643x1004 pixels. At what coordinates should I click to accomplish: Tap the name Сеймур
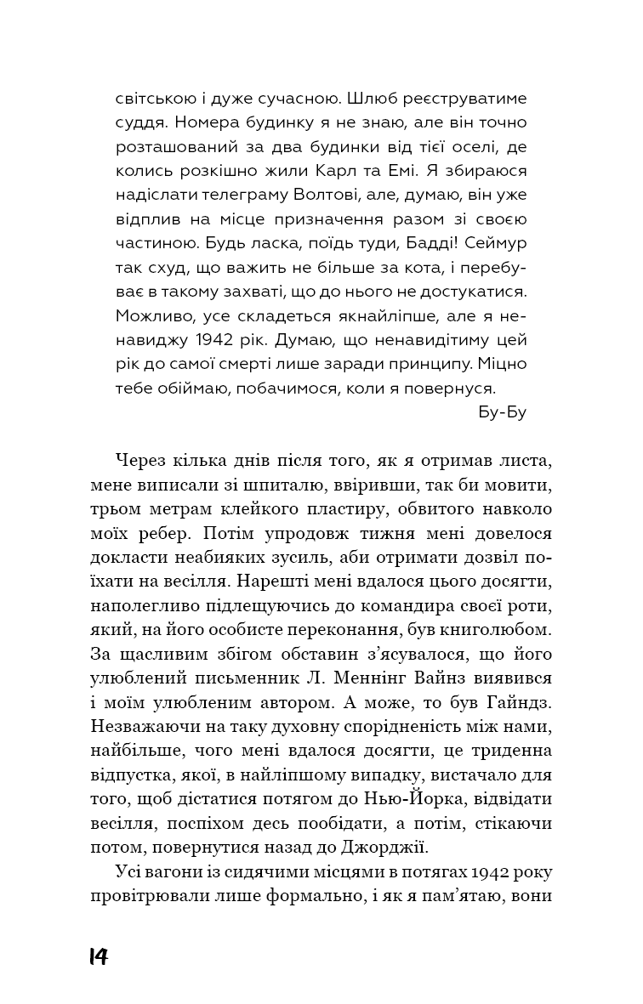click(x=498, y=242)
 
